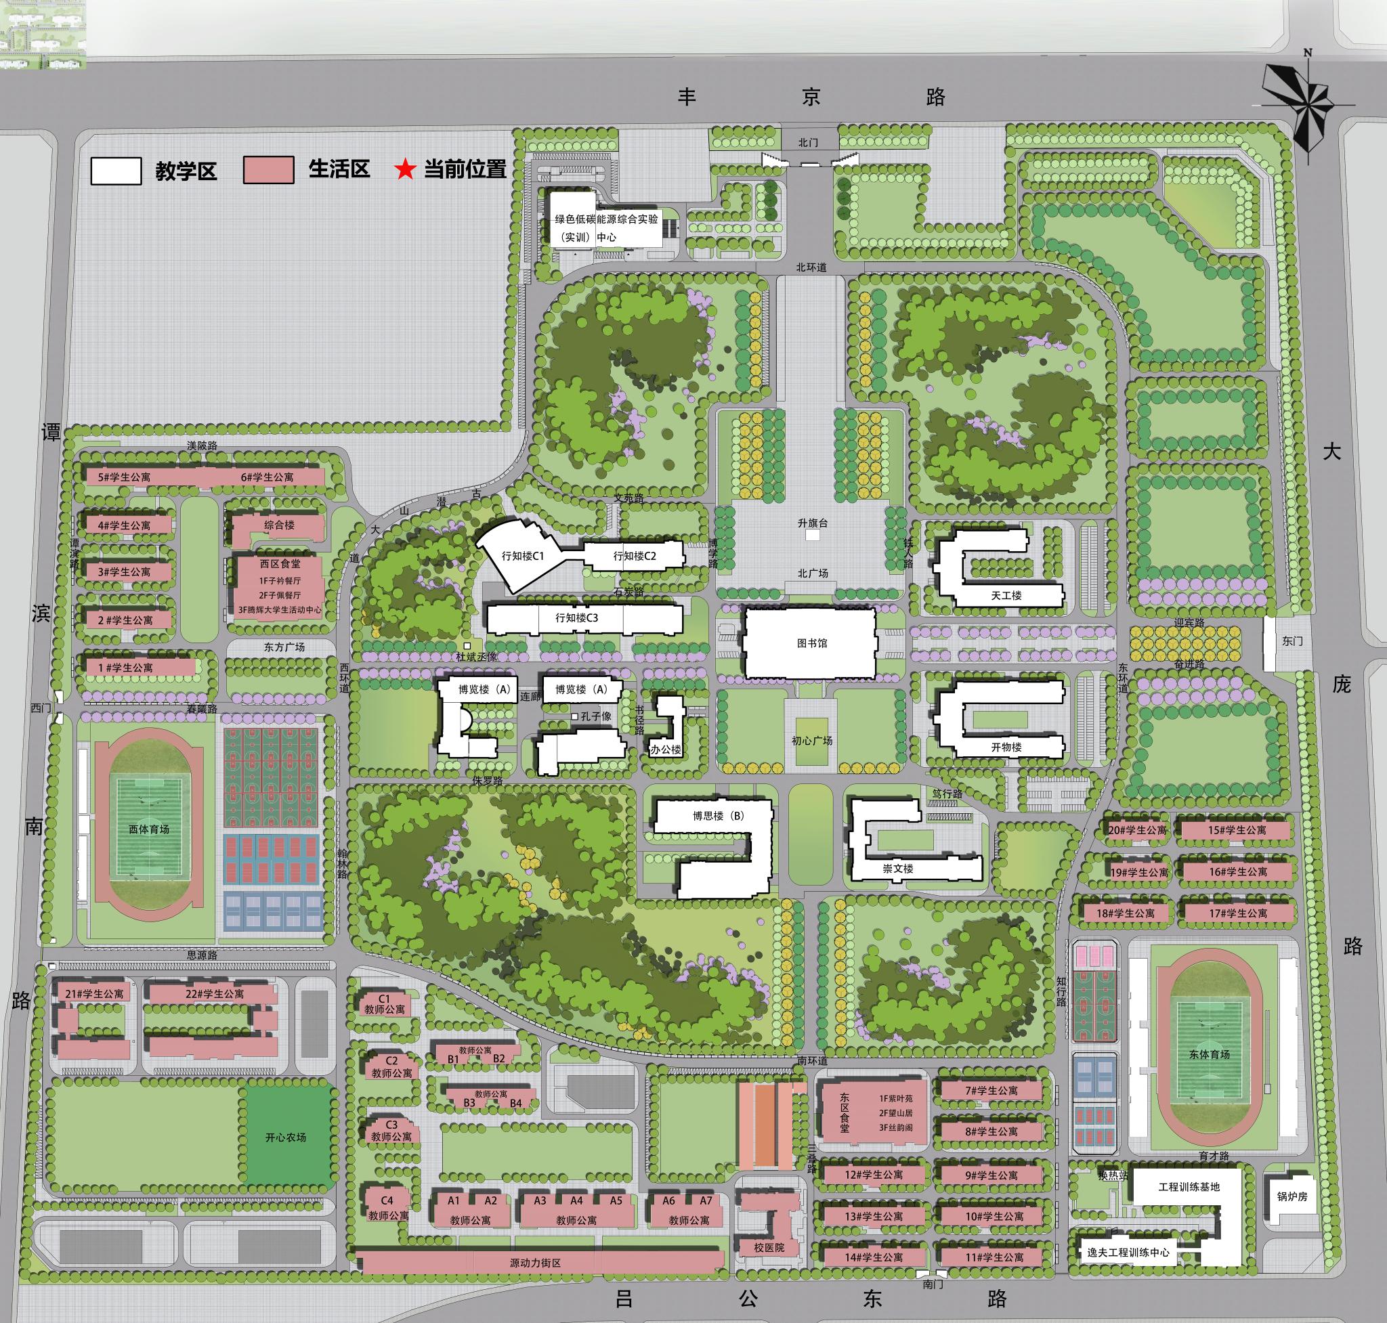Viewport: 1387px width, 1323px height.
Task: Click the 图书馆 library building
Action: [811, 643]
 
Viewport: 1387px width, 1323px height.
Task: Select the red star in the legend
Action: [404, 170]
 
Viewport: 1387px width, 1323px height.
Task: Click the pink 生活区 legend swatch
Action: [268, 171]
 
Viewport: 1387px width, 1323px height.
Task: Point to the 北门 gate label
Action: [808, 142]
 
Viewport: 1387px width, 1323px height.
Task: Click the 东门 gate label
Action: [1292, 641]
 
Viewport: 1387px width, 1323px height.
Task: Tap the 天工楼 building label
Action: [1006, 595]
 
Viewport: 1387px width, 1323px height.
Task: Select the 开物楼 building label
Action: [1006, 747]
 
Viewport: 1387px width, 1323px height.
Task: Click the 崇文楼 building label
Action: [898, 869]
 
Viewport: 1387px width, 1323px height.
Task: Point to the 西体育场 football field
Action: [149, 829]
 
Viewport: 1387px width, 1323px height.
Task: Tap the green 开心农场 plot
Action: [286, 1137]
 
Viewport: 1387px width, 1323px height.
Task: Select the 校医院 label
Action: [769, 1248]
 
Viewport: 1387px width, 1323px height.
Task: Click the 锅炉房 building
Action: [1292, 1197]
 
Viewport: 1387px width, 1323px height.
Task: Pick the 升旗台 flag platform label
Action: [812, 523]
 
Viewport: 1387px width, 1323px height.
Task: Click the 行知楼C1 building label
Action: [523, 556]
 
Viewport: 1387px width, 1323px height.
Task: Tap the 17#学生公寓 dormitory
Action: [1238, 913]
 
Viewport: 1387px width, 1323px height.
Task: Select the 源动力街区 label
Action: [535, 1263]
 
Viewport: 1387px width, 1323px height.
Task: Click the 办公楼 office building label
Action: [665, 750]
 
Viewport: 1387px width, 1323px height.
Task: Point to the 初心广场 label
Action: [811, 741]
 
